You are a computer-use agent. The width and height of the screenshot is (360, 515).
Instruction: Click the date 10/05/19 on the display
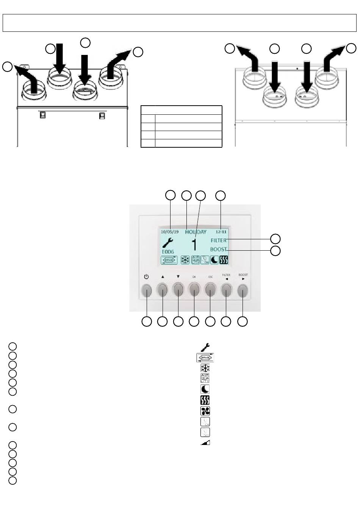coord(170,232)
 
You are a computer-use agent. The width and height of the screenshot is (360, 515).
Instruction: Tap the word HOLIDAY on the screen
coord(196,232)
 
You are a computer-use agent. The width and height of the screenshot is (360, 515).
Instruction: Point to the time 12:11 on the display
coord(221,232)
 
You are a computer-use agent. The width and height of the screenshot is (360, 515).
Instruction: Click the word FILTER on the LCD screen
coord(219,240)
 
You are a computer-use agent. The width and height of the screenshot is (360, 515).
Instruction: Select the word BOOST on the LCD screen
coord(219,250)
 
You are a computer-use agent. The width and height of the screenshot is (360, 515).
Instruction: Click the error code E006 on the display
coord(168,251)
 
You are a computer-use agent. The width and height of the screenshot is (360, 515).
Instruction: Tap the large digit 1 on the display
coord(194,245)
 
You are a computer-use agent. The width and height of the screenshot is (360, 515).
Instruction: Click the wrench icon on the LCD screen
coord(167,242)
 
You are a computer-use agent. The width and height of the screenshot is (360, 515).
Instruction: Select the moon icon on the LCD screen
coord(214,260)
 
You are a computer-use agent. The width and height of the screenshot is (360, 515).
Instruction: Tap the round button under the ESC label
coord(210,290)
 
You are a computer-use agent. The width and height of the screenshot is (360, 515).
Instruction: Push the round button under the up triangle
coord(162,290)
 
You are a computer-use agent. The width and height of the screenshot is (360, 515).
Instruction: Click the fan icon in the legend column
coord(205,411)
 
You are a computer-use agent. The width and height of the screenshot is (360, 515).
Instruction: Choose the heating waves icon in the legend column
coord(205,400)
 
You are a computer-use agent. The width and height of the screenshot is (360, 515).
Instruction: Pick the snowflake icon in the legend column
coord(205,368)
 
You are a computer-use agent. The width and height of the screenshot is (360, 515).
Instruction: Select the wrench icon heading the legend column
coord(205,346)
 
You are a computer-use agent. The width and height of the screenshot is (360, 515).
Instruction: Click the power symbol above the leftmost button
coord(147,277)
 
